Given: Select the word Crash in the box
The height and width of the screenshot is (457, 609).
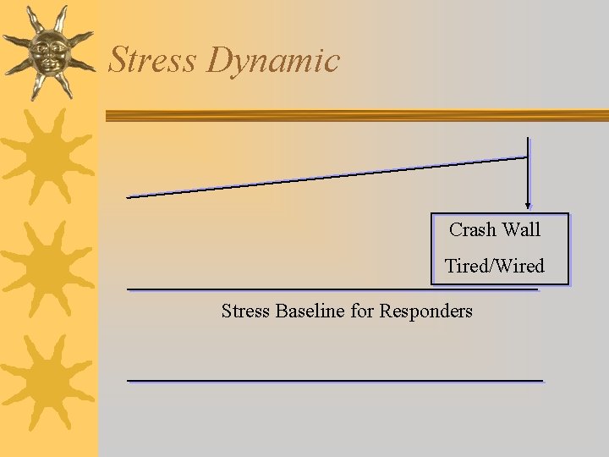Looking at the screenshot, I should click(x=473, y=229).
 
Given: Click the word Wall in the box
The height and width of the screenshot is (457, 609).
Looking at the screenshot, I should click(x=521, y=229).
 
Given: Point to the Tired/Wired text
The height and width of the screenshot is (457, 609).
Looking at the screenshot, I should click(x=495, y=266).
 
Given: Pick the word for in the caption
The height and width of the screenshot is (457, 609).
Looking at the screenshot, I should click(x=362, y=311).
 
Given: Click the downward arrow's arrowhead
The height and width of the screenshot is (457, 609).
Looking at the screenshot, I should click(x=529, y=204).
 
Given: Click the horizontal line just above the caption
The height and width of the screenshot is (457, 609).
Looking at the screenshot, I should click(x=332, y=289).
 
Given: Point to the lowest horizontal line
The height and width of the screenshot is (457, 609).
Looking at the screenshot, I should click(x=334, y=381).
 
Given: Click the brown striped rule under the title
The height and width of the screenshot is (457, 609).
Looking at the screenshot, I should click(x=355, y=116).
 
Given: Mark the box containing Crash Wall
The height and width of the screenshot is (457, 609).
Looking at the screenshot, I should click(x=499, y=247).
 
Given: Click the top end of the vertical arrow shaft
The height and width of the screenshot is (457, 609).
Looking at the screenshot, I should click(x=529, y=140).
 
